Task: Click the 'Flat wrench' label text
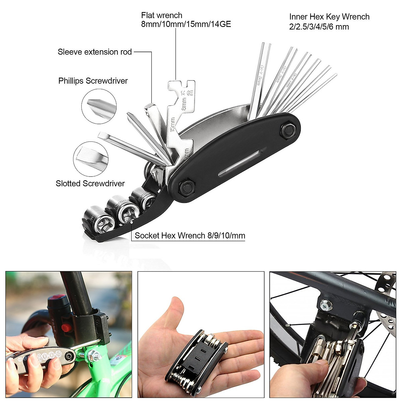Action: (x=162, y=15)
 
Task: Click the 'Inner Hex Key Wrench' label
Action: (x=329, y=17)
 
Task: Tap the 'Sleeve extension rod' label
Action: (x=95, y=52)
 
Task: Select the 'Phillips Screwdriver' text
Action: (x=93, y=81)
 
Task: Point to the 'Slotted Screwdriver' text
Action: (x=90, y=184)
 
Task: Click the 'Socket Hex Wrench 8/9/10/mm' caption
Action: (x=190, y=236)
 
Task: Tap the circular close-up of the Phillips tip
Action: (x=99, y=106)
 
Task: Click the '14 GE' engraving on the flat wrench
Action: (x=187, y=93)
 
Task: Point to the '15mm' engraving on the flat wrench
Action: (x=173, y=124)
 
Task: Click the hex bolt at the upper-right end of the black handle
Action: (x=288, y=129)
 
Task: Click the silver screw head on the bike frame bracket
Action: (x=326, y=305)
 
